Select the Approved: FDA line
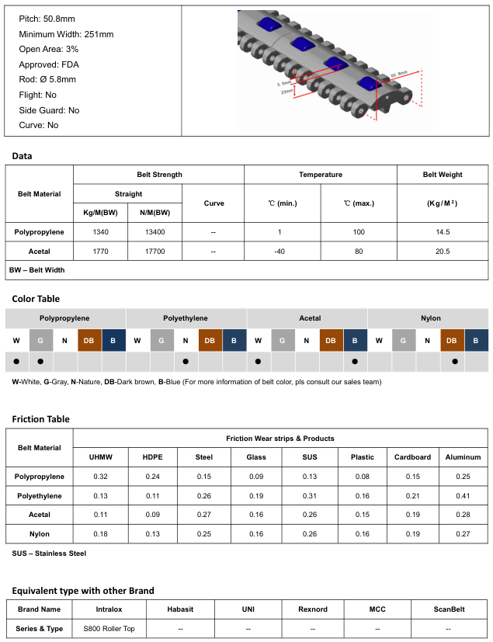[49, 65]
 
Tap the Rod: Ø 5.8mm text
[47, 80]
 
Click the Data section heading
[22, 156]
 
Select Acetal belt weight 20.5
[443, 252]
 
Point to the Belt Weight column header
[443, 175]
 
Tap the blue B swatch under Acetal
[356, 340]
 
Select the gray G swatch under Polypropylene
[41, 340]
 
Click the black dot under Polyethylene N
[186, 362]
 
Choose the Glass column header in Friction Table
[256, 457]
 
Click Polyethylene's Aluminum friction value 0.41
[463, 496]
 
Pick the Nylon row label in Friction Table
[39, 534]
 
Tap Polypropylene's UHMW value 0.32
[100, 477]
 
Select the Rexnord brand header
[313, 609]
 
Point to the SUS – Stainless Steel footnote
[50, 554]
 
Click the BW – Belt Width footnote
[37, 270]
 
